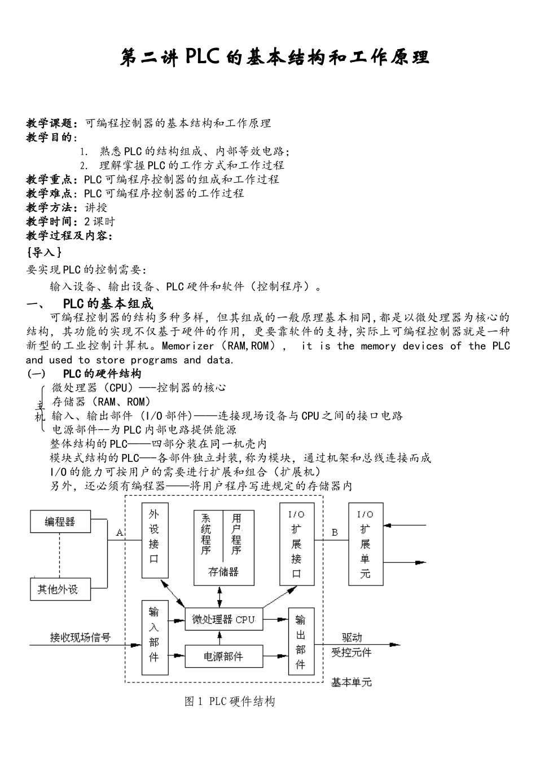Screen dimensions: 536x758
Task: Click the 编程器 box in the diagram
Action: point(60,522)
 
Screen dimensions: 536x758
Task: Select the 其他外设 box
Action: point(60,590)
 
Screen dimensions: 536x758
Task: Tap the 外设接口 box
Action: point(154,540)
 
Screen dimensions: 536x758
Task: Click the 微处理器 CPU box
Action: point(223,619)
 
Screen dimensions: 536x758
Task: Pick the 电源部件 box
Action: point(223,656)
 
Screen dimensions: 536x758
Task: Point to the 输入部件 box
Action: point(154,637)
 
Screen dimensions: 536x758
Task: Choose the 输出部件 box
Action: point(300,641)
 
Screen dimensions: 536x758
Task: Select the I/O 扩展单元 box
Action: point(365,544)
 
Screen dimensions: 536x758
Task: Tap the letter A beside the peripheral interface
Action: point(119,532)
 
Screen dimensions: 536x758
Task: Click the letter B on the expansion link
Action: point(335,532)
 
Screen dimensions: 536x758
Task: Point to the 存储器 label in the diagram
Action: point(223,572)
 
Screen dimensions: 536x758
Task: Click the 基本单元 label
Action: point(351,682)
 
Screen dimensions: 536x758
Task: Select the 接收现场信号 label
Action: point(80,638)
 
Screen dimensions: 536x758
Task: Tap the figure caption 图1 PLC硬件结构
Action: point(230,702)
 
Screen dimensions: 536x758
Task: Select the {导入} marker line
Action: point(44,253)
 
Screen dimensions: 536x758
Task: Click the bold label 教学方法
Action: point(51,208)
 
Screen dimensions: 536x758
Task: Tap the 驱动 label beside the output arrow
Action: point(352,638)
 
